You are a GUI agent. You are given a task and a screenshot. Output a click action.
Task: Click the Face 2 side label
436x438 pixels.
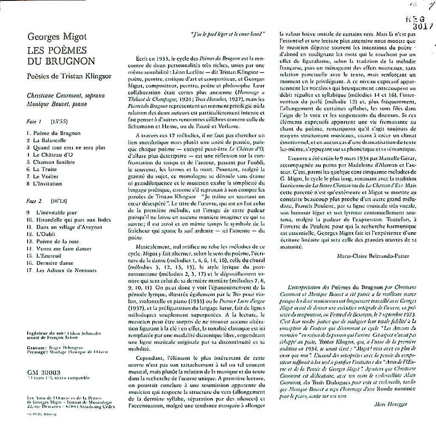pyautogui.click(x=34, y=200)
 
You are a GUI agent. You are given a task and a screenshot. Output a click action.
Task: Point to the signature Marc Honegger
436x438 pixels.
pyautogui.click(x=391, y=404)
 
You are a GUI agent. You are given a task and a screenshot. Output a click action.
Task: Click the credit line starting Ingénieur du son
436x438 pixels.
pyautogui.click(x=63, y=333)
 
